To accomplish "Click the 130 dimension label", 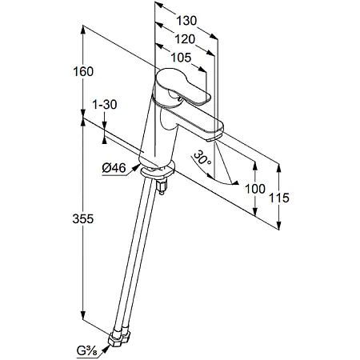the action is click(x=186, y=21).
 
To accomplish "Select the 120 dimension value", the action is click(x=185, y=39).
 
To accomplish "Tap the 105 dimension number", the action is click(x=181, y=58).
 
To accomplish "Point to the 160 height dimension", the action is click(x=83, y=71).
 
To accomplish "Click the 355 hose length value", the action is click(x=83, y=219).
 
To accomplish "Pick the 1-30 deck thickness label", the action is click(x=105, y=105).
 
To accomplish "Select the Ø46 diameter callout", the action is click(x=114, y=168).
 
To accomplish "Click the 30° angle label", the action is click(x=202, y=158).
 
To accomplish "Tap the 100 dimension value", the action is click(x=255, y=189).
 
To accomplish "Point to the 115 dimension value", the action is click(x=278, y=198).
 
